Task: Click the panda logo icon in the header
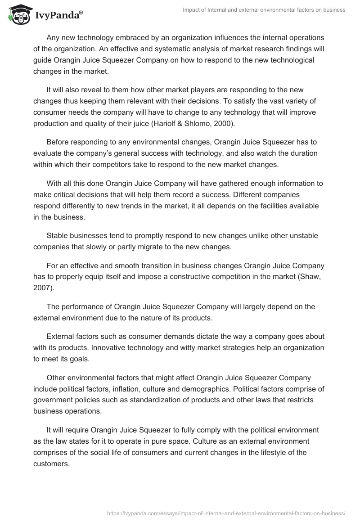point(18,14)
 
